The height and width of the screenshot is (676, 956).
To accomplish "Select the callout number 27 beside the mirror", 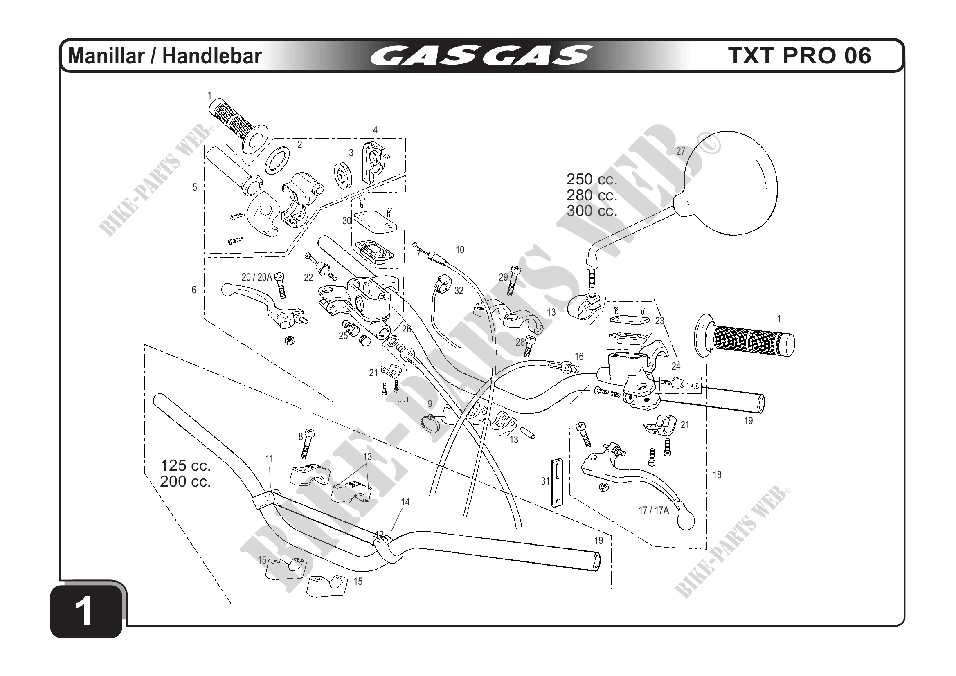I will [x=680, y=151].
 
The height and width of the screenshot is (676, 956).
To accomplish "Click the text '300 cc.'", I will [x=592, y=211].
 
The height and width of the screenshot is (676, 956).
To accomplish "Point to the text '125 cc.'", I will [x=185, y=465].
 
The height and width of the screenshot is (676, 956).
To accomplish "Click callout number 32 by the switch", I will [x=459, y=290].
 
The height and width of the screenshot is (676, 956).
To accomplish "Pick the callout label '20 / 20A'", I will [x=256, y=277].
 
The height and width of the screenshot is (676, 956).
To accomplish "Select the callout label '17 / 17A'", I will [x=653, y=510].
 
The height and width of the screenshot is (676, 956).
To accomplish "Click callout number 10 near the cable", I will [x=460, y=250].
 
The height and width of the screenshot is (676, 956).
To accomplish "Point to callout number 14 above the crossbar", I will [x=405, y=503].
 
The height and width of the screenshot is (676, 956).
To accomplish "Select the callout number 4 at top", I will [x=375, y=130].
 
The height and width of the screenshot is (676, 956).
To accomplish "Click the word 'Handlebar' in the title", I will [x=211, y=56].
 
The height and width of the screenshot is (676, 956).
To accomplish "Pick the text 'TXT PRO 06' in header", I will [x=799, y=56].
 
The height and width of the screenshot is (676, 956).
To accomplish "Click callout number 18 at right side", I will [x=717, y=474].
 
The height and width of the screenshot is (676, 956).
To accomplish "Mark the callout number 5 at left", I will [x=194, y=187].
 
